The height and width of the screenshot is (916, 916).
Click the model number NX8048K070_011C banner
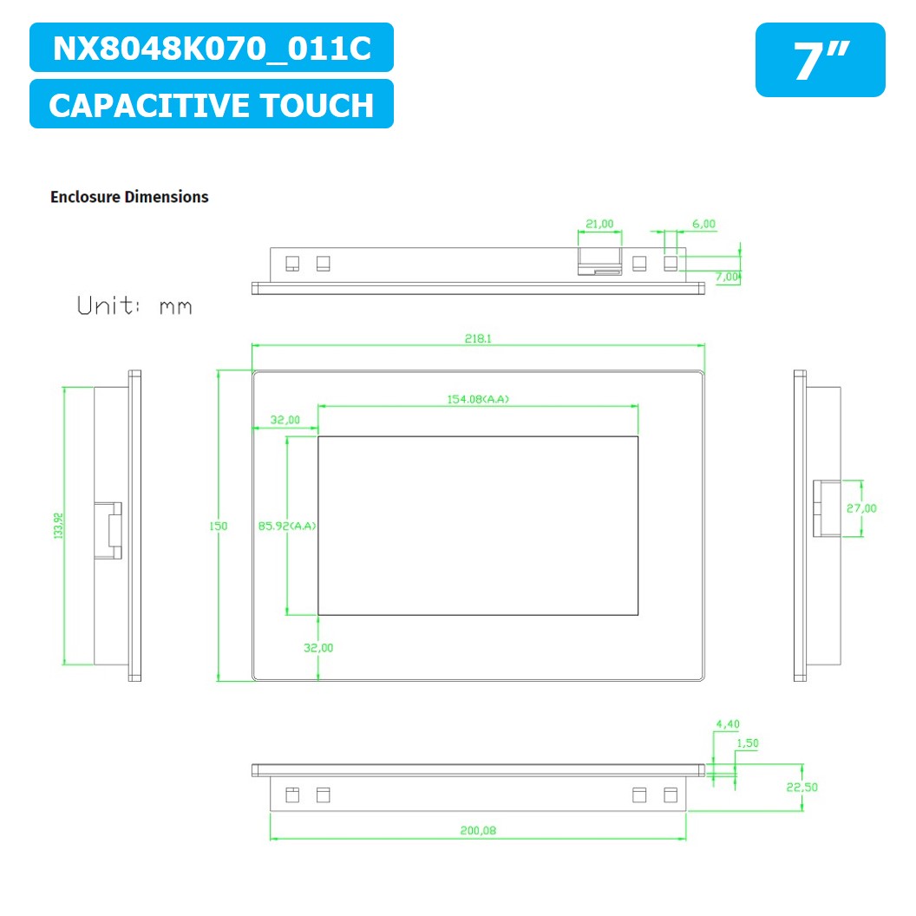(212, 48)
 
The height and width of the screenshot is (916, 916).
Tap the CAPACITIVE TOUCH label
(212, 105)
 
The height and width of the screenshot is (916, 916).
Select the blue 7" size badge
(820, 60)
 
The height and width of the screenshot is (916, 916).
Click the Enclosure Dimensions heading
(129, 197)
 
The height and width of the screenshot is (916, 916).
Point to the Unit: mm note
(134, 306)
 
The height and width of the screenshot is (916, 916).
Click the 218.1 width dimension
(477, 338)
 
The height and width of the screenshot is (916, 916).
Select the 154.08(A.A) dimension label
(477, 399)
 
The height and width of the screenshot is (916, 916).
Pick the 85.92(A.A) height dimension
(287, 526)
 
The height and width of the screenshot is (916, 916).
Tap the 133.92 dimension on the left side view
(59, 526)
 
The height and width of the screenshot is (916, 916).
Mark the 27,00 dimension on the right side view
(861, 508)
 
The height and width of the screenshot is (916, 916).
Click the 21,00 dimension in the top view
(599, 224)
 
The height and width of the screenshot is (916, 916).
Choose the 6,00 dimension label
(703, 224)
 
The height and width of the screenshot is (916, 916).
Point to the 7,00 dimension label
(727, 277)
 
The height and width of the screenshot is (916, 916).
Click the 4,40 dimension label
(727, 723)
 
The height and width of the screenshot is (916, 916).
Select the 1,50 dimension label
(746, 743)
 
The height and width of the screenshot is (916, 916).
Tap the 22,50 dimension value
(803, 787)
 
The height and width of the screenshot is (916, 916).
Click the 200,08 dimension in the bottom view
(478, 830)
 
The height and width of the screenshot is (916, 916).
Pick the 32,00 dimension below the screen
(318, 647)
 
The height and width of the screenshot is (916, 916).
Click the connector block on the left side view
(109, 529)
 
